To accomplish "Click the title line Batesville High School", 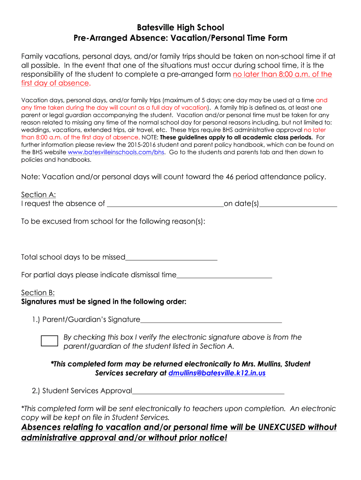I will [180, 27].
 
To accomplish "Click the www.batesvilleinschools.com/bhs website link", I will [116, 152].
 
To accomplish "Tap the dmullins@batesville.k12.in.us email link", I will [217, 373].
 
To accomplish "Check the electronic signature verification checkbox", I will [49, 341].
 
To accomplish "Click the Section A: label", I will [38, 195].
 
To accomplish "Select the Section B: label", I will [38, 292].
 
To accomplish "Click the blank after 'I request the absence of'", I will [165, 204].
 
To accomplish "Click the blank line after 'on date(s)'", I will [298, 204].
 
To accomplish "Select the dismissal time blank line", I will [224, 275].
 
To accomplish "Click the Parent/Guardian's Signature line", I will [211, 320].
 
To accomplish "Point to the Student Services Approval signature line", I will [209, 391].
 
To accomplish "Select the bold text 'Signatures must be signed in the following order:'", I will [104, 301].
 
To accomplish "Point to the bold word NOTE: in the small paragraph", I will [150, 137].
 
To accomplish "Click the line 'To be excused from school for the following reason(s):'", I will [113, 221].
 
